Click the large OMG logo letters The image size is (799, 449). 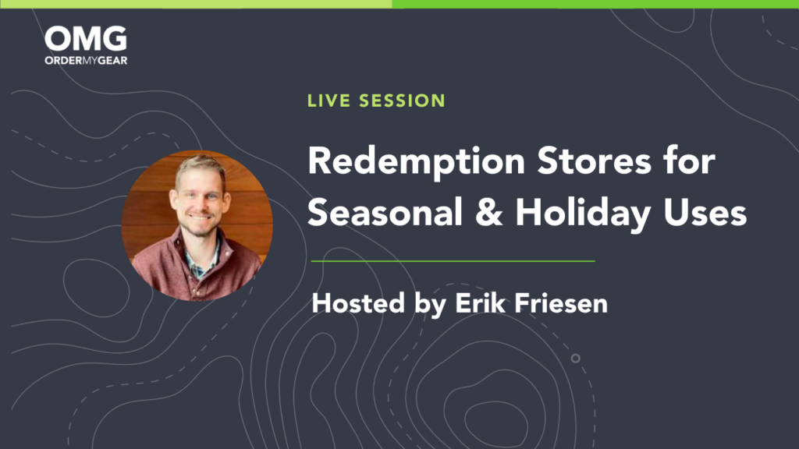(86, 39)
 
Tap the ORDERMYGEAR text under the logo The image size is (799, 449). (86, 61)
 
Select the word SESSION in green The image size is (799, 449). (403, 101)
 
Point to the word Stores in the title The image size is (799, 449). (594, 161)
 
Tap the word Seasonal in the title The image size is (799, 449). (385, 212)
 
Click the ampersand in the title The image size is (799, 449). (488, 212)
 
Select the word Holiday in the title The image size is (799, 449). (582, 214)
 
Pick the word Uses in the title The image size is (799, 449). (705, 212)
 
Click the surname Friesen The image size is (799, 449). (561, 303)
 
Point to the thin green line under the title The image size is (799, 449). (453, 261)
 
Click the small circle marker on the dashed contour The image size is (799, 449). (575, 359)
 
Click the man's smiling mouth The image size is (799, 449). (200, 217)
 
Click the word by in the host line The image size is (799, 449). (430, 305)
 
